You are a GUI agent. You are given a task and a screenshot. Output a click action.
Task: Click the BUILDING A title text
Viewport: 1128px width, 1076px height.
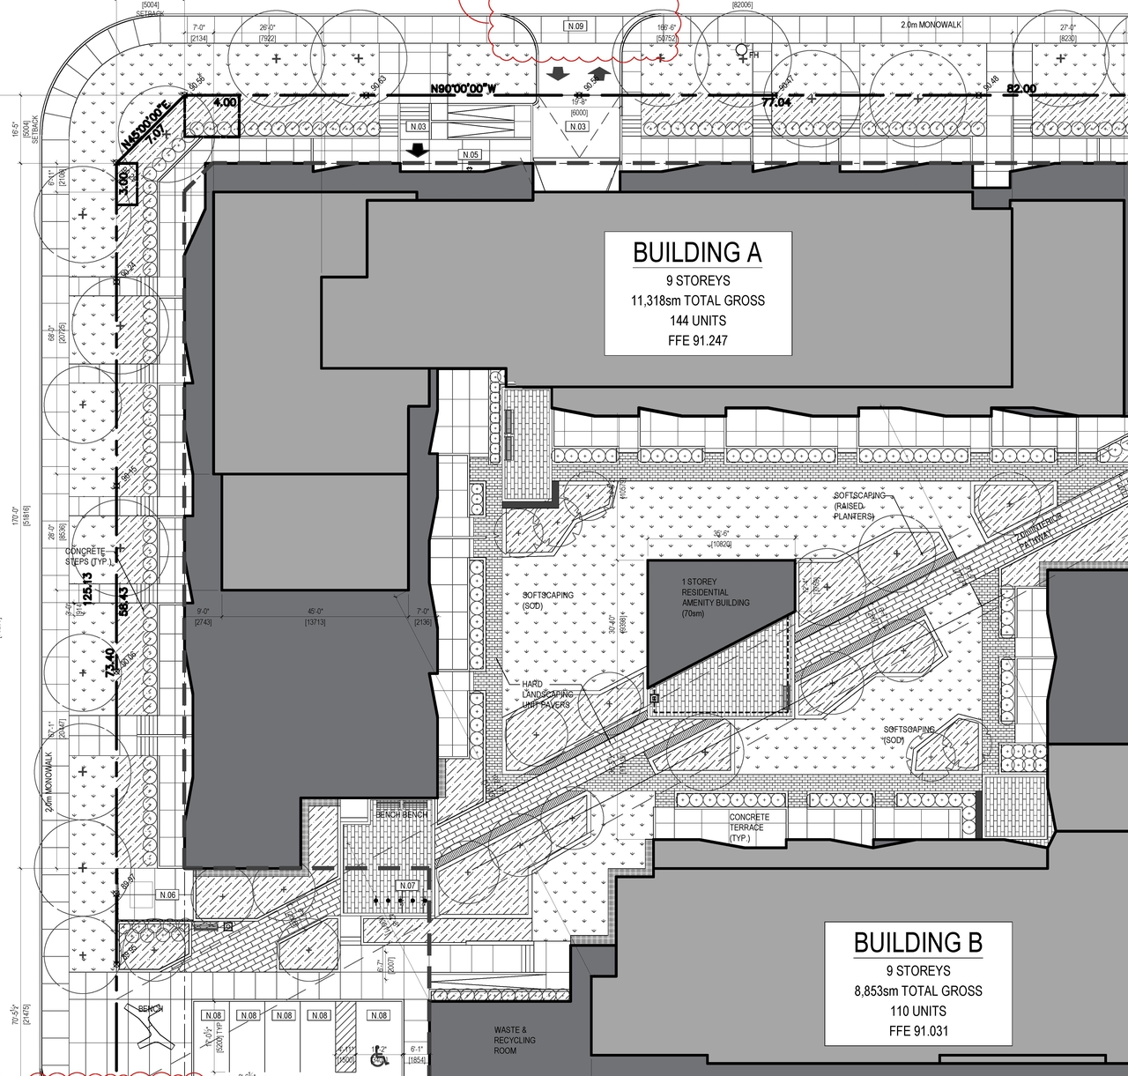[x=697, y=253]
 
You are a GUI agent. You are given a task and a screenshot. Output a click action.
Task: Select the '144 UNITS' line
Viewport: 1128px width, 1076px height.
[x=697, y=320]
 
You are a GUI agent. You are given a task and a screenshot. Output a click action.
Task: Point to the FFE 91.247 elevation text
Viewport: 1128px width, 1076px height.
[x=697, y=340]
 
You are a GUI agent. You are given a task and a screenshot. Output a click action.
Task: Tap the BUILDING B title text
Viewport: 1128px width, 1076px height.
[x=917, y=943]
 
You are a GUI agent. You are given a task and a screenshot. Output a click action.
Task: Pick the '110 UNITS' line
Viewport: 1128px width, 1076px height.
[x=917, y=1011]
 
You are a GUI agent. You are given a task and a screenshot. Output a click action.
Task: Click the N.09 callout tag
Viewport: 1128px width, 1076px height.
[x=575, y=26]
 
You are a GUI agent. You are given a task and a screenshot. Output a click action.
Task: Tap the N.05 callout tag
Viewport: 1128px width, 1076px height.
[x=471, y=155]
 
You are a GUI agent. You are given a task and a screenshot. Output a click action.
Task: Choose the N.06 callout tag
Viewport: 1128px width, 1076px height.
[x=167, y=894]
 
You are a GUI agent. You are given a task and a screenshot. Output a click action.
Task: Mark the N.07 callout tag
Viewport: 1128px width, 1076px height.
[x=407, y=885]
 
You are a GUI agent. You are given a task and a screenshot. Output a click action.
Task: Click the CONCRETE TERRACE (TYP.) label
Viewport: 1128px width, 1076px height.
[x=749, y=827]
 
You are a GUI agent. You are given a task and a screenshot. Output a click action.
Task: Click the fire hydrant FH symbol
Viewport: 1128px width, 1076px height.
[x=746, y=52]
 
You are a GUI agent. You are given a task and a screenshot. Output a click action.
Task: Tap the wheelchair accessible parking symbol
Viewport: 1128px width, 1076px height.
[x=380, y=1055]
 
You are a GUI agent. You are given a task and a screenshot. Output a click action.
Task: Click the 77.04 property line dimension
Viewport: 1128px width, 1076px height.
[x=777, y=102]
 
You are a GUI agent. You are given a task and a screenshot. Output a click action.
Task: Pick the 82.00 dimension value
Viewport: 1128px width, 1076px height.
[x=1021, y=89]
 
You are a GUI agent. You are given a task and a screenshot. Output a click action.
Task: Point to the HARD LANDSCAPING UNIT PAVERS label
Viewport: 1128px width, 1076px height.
[x=546, y=694]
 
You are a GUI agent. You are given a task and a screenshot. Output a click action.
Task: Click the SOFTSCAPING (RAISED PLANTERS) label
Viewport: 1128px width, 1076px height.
[x=860, y=506]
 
